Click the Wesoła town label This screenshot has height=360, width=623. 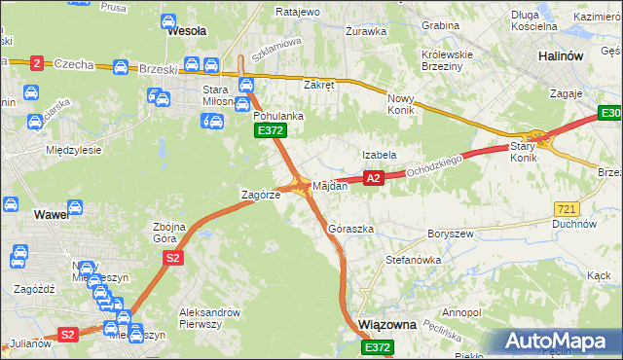[x=187, y=31]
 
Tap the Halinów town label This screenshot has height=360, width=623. [x=561, y=56]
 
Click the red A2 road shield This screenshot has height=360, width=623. [x=373, y=178]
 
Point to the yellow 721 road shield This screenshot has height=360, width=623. [x=567, y=209]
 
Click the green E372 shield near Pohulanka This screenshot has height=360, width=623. [x=269, y=129]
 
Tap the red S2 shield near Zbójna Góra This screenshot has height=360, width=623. [x=172, y=257]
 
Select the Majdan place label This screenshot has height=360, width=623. [x=329, y=186]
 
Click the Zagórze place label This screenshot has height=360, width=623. [x=261, y=195]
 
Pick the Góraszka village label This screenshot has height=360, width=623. [x=351, y=229]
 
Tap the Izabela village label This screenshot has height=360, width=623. [x=379, y=155]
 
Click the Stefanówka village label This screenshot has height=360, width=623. [x=414, y=261]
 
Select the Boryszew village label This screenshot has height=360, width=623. [x=450, y=234]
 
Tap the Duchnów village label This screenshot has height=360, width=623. [x=573, y=224]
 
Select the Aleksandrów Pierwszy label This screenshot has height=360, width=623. [x=209, y=318]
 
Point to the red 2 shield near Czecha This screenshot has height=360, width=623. [x=37, y=63]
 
